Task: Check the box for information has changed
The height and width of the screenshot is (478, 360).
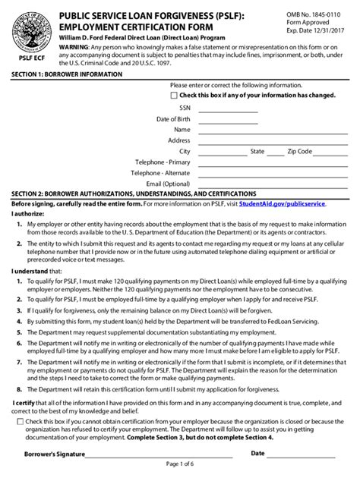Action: (x=174, y=96)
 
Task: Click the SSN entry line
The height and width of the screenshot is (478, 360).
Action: (x=228, y=111)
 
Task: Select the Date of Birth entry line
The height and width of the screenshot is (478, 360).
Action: (x=228, y=121)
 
